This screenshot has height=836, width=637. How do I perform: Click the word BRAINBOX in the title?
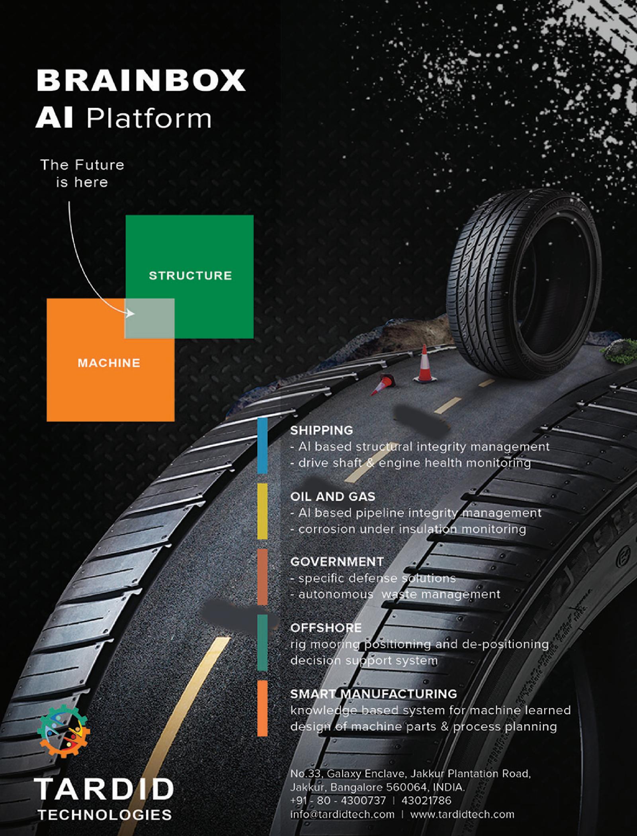pyautogui.click(x=141, y=80)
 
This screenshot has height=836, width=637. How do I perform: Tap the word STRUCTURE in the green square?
pyautogui.click(x=190, y=276)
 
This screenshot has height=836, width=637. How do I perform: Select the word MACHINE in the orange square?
pyautogui.click(x=109, y=363)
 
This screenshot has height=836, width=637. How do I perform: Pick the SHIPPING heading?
pyautogui.click(x=322, y=430)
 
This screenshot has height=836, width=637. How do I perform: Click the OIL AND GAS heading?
pyautogui.click(x=333, y=496)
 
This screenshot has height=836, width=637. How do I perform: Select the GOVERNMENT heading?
pyautogui.click(x=337, y=561)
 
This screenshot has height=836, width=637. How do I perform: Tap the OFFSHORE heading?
pyautogui.click(x=326, y=628)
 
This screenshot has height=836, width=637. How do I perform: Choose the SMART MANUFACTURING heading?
pyautogui.click(x=373, y=694)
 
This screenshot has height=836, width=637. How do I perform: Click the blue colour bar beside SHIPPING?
pyautogui.click(x=262, y=446)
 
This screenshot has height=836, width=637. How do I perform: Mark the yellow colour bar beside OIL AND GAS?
pyautogui.click(x=262, y=511)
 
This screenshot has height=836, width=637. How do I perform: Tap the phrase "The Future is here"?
pyautogui.click(x=82, y=174)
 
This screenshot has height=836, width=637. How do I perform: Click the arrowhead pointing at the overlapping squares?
pyautogui.click(x=131, y=314)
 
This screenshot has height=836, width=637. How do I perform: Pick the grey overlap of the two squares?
pyautogui.click(x=150, y=318)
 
